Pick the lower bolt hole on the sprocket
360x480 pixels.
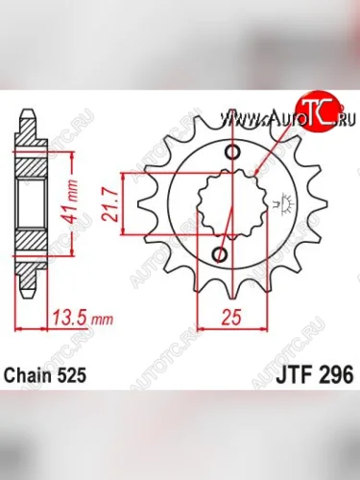(x=221, y=254)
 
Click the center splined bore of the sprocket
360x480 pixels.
(x=227, y=204)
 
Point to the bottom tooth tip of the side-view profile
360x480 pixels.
(x=28, y=292)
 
